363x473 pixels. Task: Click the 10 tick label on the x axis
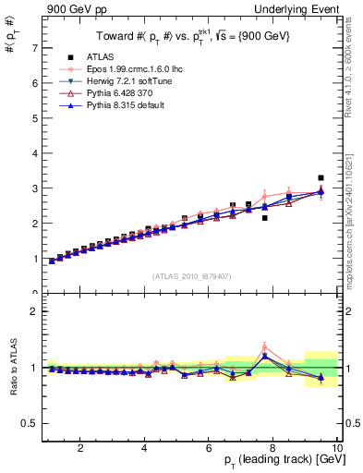click(x=338, y=448)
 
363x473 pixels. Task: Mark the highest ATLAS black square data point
click(x=321, y=177)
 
